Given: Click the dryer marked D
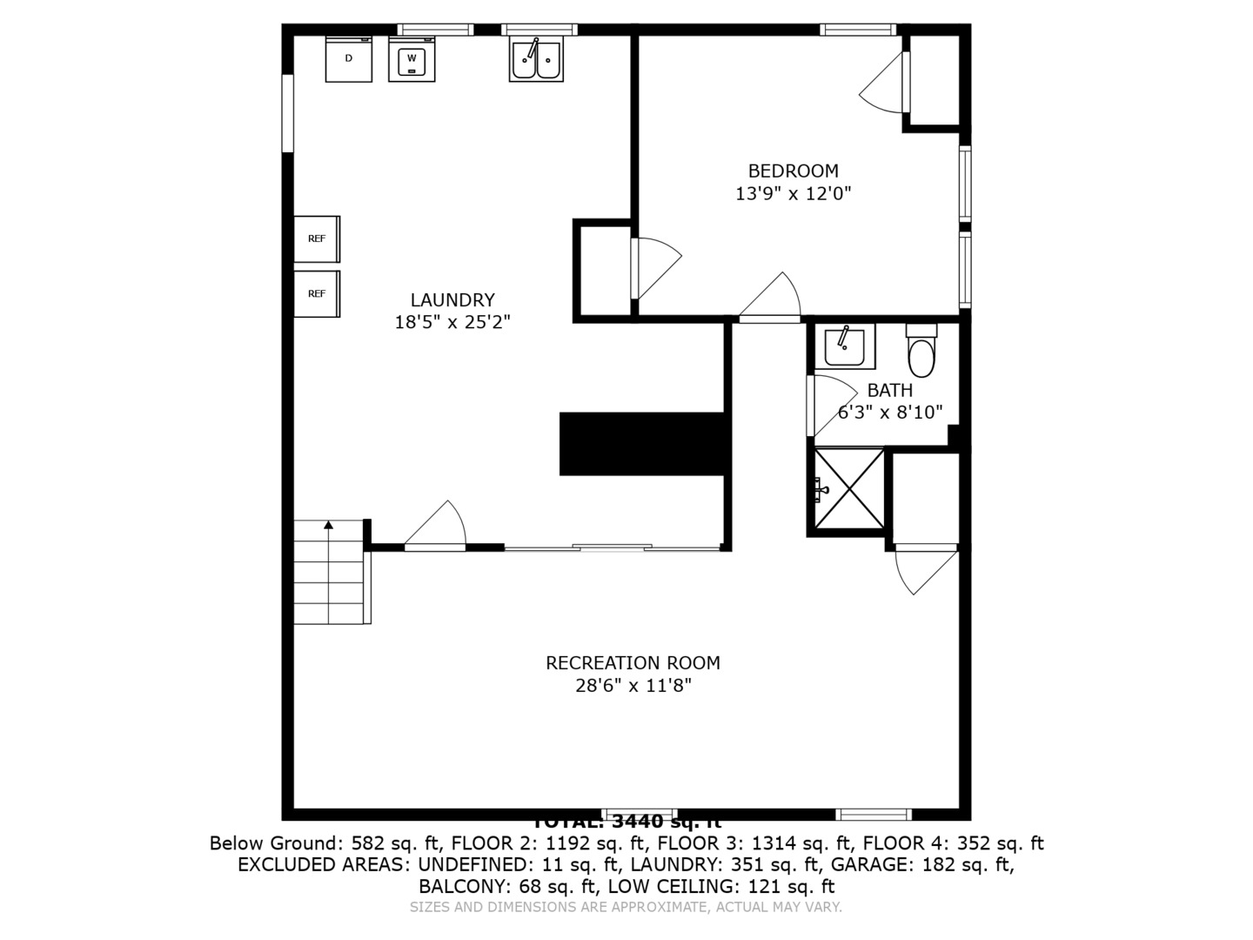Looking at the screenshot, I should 348,59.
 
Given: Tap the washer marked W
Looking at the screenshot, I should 412,60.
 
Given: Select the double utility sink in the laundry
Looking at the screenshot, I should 536,60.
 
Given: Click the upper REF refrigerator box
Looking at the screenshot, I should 317,238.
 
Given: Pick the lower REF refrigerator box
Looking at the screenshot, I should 317,294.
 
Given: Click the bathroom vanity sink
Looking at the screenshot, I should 844,346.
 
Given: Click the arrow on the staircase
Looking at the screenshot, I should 328,525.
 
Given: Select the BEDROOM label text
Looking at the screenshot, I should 793,171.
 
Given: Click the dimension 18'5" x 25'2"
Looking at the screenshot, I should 452,322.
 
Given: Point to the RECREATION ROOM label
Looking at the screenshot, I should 633,663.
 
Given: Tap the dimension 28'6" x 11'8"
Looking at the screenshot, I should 633,686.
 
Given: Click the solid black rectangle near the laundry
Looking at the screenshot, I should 641,444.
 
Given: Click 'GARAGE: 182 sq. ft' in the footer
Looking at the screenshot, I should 922,865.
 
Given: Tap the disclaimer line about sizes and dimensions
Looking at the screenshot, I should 626,907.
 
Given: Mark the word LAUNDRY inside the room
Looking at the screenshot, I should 452,300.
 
